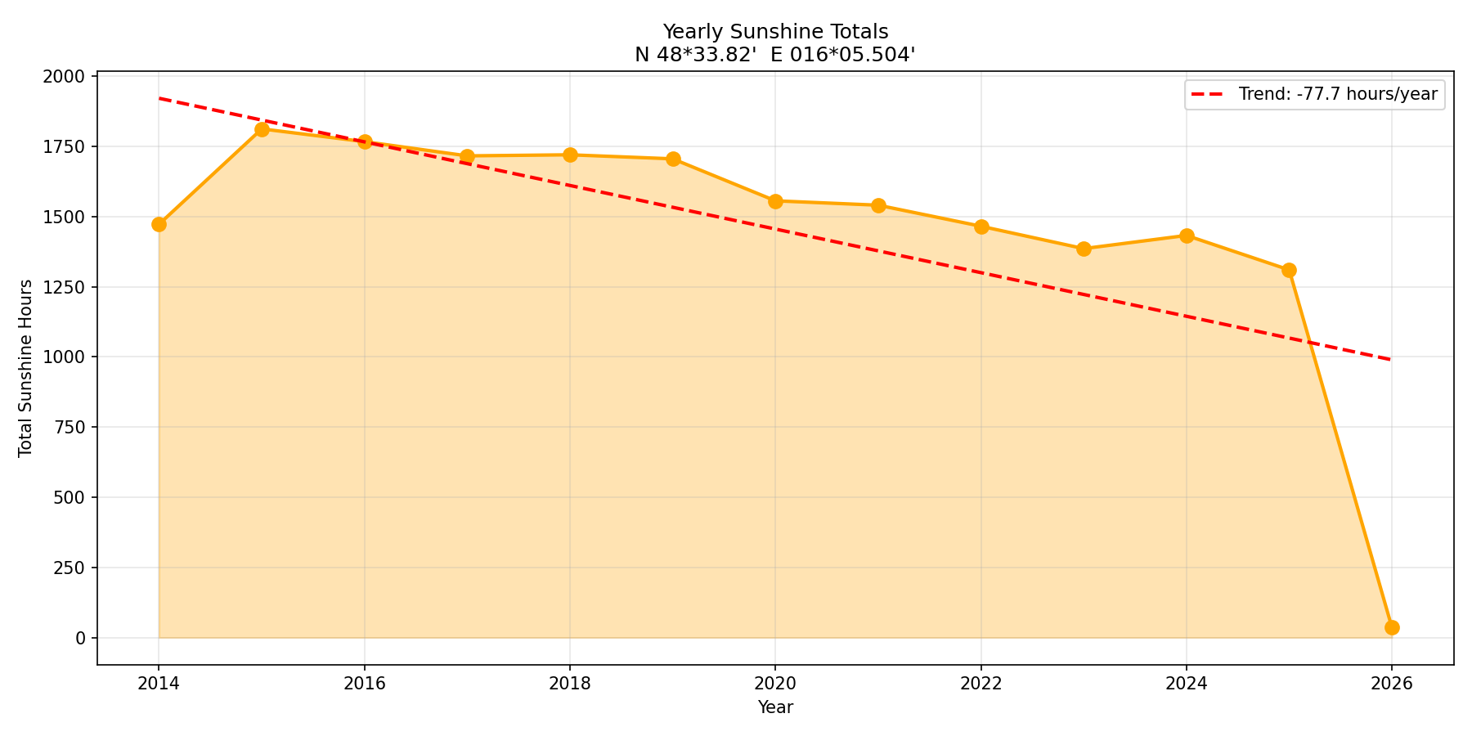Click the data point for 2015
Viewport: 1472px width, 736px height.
pyautogui.click(x=262, y=129)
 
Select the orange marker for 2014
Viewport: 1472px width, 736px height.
pyautogui.click(x=159, y=224)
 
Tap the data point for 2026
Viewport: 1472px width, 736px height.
pyautogui.click(x=1392, y=627)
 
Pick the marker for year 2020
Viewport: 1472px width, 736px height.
pyautogui.click(x=775, y=201)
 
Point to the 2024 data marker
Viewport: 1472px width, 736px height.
pyautogui.click(x=1187, y=236)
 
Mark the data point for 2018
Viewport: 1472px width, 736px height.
pyautogui.click(x=570, y=155)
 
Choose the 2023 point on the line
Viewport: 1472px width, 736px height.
pyautogui.click(x=1084, y=249)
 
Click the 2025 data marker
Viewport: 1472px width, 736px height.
pyautogui.click(x=1289, y=270)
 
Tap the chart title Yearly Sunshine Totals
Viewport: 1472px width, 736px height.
pyautogui.click(x=774, y=32)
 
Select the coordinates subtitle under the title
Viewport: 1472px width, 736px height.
pyautogui.click(x=774, y=55)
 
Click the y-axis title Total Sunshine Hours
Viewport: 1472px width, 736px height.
pyautogui.click(x=26, y=368)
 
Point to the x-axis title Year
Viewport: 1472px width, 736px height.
pyautogui.click(x=774, y=707)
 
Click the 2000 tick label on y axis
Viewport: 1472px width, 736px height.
pyautogui.click(x=67, y=77)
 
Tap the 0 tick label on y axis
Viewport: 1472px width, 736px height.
pyautogui.click(x=80, y=638)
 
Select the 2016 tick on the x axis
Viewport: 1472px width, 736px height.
pyautogui.click(x=365, y=684)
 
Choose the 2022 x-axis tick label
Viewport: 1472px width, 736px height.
pyautogui.click(x=981, y=684)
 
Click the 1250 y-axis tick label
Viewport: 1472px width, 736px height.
pyautogui.click(x=67, y=288)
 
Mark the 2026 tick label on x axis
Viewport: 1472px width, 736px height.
pyautogui.click(x=1392, y=684)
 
